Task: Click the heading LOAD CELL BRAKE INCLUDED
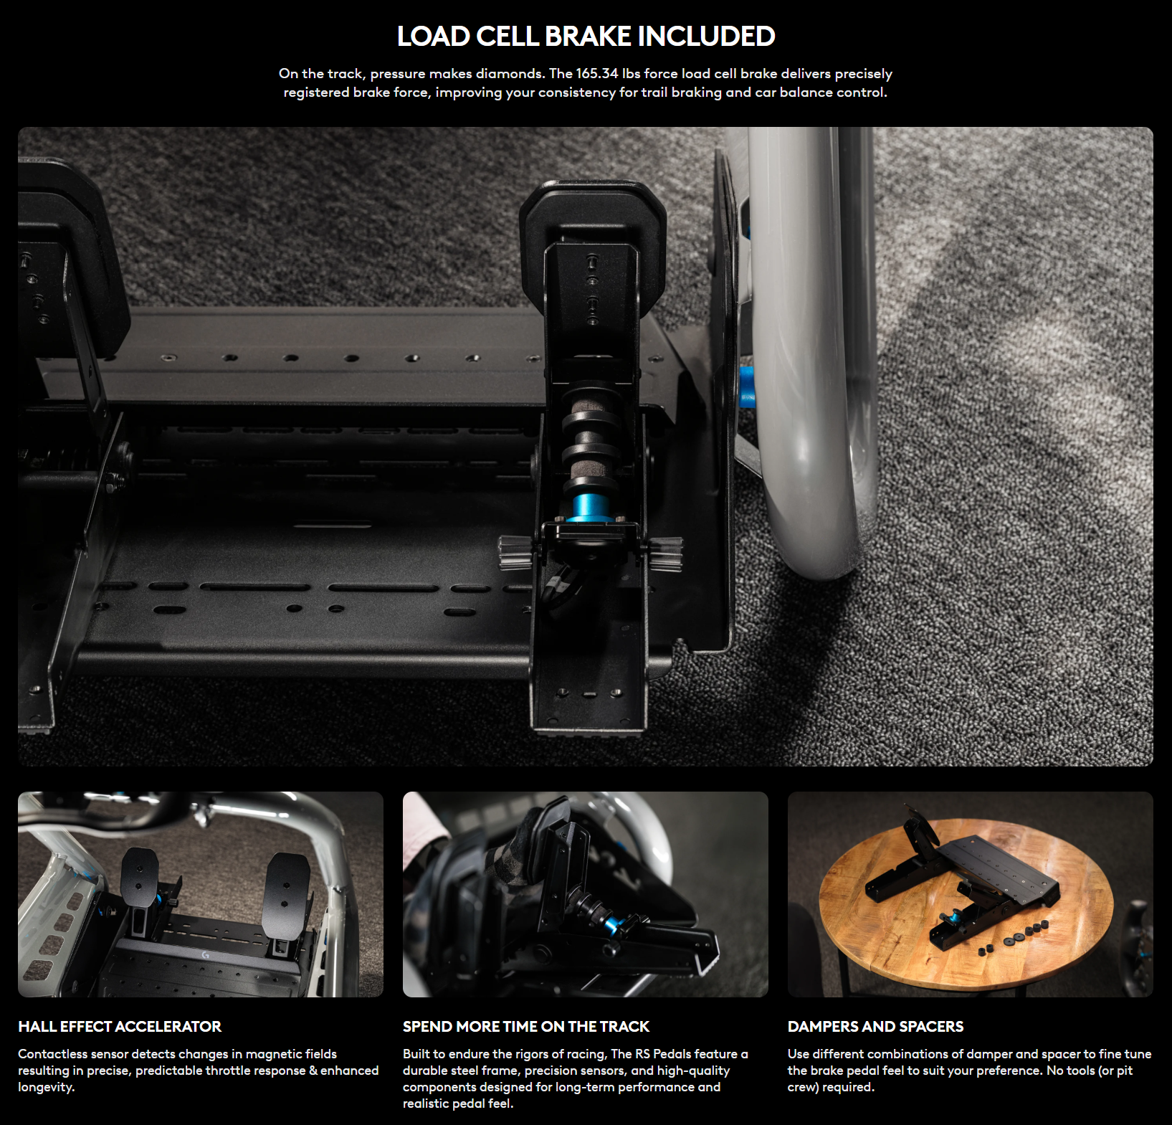586,36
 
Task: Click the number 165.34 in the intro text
597,73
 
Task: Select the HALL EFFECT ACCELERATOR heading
120,1026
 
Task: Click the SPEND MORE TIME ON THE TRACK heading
526,1026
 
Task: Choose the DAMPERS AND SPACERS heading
875,1026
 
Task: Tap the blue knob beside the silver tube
747,386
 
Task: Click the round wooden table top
966,903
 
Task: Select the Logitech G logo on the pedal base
206,955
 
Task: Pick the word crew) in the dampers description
803,1087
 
